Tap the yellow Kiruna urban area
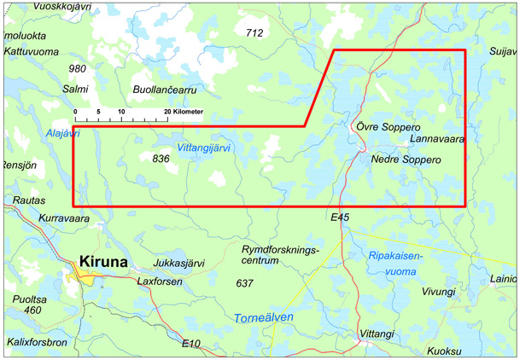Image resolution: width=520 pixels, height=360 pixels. click(85, 274)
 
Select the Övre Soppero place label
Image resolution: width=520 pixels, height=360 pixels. click(387, 126)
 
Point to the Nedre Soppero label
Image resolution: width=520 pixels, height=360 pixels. click(406, 160)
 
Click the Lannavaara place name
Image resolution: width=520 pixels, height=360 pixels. click(437, 138)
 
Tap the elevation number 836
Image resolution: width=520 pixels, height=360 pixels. click(161, 159)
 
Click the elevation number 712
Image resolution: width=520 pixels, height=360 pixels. click(254, 33)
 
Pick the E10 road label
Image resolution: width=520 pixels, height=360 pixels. click(191, 343)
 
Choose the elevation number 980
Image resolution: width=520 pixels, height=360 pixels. click(78, 68)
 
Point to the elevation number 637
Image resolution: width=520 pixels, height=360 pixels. click(244, 282)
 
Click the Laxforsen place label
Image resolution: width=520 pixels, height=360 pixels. click(160, 281)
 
